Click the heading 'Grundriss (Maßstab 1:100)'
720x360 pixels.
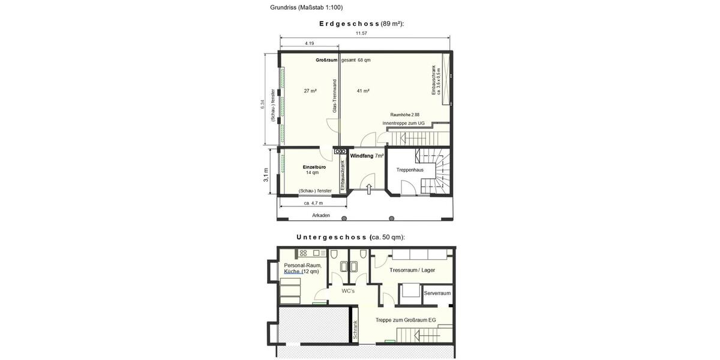coord(307,8)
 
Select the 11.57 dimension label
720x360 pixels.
coord(361,33)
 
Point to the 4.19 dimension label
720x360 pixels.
coord(310,44)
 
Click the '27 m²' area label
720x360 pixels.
coord(310,91)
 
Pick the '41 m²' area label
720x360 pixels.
coord(363,91)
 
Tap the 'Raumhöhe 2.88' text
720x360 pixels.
coord(404,115)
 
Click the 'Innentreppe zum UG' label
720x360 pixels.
coord(403,123)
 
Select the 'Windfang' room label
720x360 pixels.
coord(362,155)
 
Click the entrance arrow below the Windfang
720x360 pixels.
coord(369,189)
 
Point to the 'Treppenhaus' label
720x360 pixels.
coord(410,170)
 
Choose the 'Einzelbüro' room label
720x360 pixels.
coord(314,167)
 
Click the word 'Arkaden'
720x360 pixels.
coord(321,215)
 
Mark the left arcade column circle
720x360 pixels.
coord(344,218)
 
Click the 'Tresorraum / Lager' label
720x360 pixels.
coord(412,270)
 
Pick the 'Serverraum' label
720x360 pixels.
coord(437,293)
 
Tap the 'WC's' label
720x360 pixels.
coord(348,291)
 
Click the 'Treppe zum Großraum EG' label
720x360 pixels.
coord(406,320)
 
